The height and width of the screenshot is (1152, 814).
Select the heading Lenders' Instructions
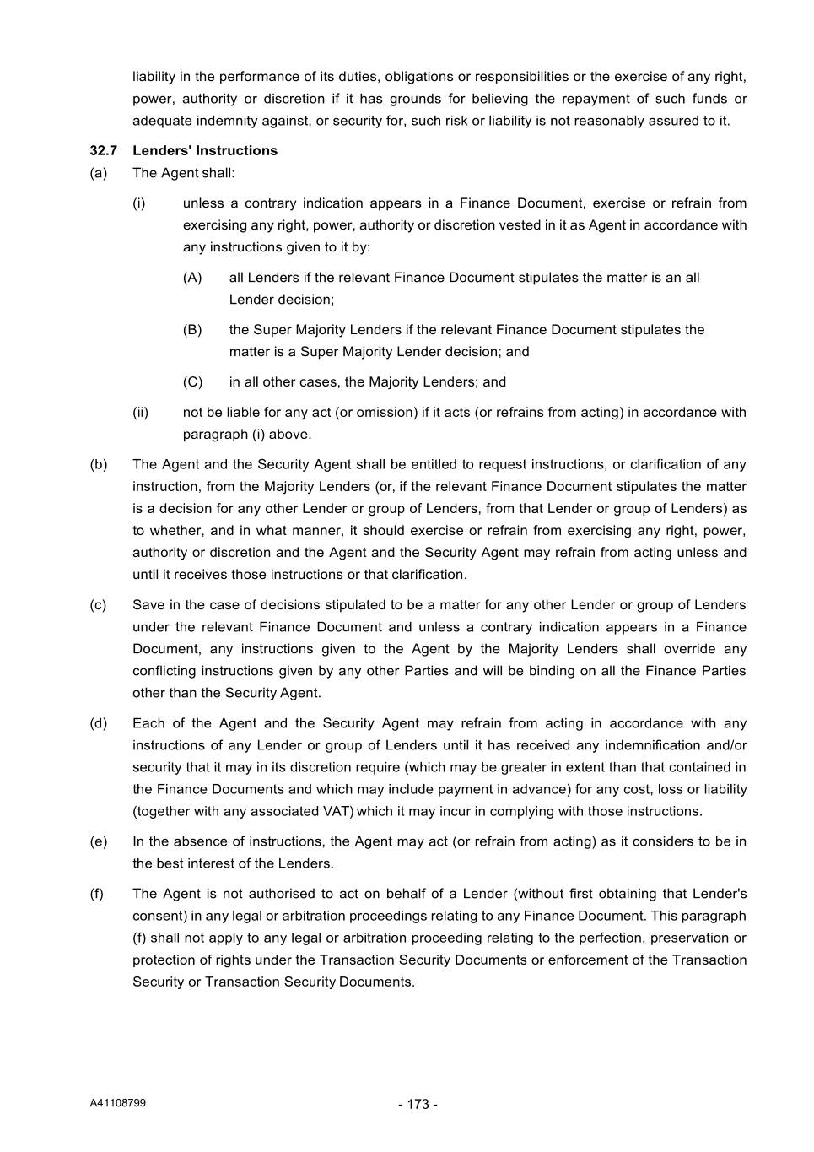click(x=205, y=150)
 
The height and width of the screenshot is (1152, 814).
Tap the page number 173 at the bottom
click(x=418, y=1104)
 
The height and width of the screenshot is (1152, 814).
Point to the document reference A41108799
click(x=118, y=1102)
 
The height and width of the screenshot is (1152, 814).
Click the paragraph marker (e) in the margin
click(x=99, y=841)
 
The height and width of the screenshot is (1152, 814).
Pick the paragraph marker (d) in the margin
click(x=99, y=723)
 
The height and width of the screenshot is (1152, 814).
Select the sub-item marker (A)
click(x=192, y=278)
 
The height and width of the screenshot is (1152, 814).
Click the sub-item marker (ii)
click(x=140, y=413)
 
